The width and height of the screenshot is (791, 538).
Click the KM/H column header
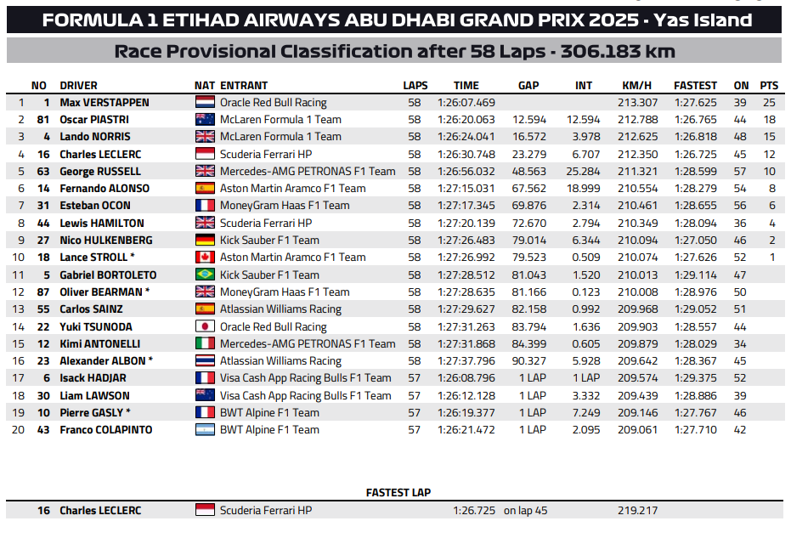tap(636, 85)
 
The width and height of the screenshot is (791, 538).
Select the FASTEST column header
tap(695, 85)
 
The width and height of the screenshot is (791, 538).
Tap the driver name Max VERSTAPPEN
tap(104, 102)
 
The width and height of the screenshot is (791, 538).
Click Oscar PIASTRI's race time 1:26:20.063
tap(466, 120)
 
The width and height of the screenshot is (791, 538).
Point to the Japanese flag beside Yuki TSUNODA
tap(205, 326)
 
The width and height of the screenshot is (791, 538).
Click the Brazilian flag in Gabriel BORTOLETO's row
tap(205, 275)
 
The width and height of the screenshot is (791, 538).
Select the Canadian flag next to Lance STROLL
tap(205, 258)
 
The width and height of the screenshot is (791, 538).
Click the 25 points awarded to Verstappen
tap(770, 102)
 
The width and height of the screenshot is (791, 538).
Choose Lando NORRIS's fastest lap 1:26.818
tap(695, 137)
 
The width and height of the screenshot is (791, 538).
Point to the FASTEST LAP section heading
tap(398, 492)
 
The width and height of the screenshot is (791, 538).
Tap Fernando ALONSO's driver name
tap(105, 189)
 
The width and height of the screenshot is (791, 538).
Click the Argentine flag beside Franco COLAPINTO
tap(205, 430)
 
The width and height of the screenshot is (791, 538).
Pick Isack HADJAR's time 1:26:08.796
tap(466, 378)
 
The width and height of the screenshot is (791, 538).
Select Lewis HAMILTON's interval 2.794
tap(585, 223)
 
